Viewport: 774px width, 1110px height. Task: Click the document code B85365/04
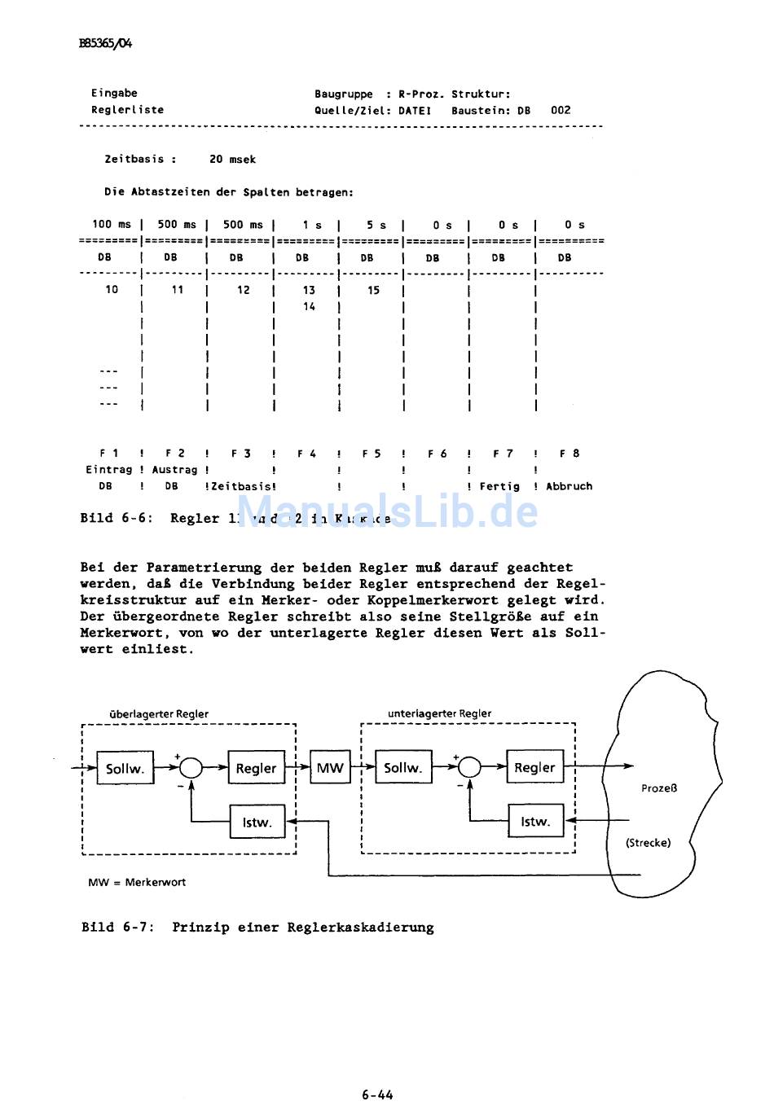click(x=105, y=44)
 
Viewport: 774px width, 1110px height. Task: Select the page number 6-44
click(x=377, y=1095)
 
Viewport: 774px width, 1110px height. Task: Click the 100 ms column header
click(x=111, y=225)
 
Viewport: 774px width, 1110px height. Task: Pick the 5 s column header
click(x=376, y=225)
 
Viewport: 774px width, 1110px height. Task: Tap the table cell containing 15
click(x=373, y=290)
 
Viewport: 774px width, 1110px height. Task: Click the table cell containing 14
click(x=309, y=307)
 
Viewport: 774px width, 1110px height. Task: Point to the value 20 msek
click(x=232, y=160)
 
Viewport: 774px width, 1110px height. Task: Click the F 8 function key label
click(x=570, y=454)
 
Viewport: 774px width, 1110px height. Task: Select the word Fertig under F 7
click(x=499, y=486)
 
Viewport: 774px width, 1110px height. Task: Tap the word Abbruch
click(x=569, y=486)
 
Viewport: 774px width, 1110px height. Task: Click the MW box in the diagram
click(x=330, y=768)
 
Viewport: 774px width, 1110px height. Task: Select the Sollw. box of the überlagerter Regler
click(x=125, y=769)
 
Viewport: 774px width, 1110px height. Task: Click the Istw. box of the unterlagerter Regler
click(x=535, y=822)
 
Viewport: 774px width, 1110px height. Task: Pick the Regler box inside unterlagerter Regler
click(x=534, y=767)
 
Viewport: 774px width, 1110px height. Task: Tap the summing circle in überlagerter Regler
click(x=191, y=767)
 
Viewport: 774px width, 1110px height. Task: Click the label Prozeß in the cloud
click(x=659, y=788)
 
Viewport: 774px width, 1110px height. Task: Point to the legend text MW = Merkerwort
click(x=137, y=882)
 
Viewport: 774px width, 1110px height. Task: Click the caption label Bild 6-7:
click(x=118, y=928)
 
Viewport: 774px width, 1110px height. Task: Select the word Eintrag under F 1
click(x=108, y=470)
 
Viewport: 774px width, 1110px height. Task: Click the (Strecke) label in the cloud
click(x=648, y=843)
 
